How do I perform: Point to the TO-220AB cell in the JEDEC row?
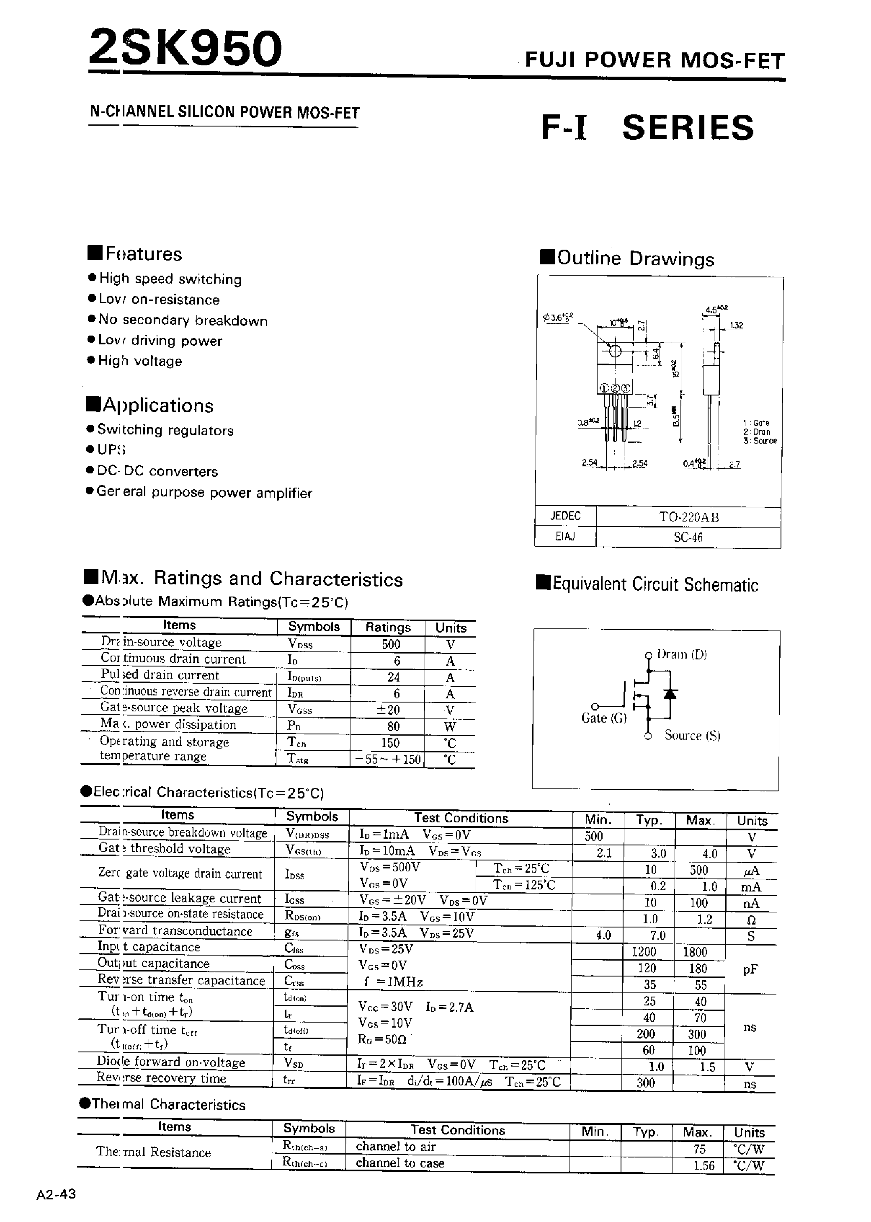[689, 517]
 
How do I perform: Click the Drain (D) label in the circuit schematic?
[682, 654]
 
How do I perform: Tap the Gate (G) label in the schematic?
[603, 718]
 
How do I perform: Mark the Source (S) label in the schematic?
[692, 735]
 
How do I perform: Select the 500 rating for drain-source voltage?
[391, 644]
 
